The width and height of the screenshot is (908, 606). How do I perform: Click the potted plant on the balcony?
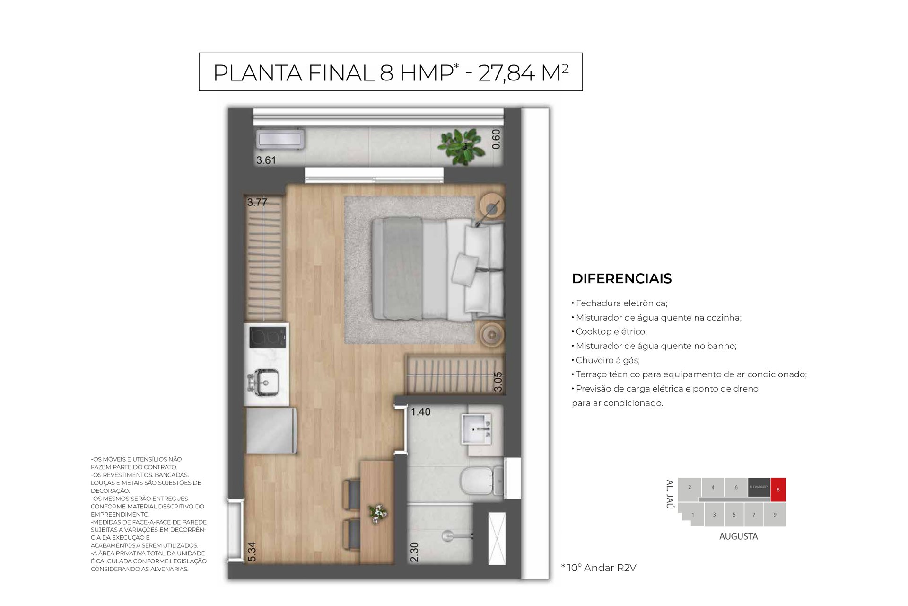[462, 147]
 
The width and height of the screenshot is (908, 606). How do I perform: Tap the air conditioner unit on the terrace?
[280, 139]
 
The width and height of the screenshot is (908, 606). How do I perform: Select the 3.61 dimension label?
[266, 160]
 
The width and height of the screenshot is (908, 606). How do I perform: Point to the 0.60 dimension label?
[496, 139]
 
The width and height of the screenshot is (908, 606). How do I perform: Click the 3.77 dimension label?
[257, 202]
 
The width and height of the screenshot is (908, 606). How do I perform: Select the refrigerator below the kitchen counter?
[271, 431]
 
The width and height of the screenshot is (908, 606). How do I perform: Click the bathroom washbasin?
[477, 429]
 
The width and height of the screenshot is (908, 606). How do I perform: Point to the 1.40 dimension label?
[420, 412]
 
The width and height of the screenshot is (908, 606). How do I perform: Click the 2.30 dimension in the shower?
[414, 552]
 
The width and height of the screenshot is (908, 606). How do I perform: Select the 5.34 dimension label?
[252, 552]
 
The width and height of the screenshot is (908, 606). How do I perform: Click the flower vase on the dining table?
[378, 513]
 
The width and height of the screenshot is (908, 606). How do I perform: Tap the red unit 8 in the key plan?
[778, 490]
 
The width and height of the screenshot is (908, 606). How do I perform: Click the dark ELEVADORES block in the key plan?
[759, 487]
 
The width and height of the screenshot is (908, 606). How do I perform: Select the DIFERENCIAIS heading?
[621, 278]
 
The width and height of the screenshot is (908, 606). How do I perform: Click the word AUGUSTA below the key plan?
[738, 536]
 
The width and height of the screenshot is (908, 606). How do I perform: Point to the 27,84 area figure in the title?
[506, 73]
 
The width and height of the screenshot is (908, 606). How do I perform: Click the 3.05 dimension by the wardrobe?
[498, 382]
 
